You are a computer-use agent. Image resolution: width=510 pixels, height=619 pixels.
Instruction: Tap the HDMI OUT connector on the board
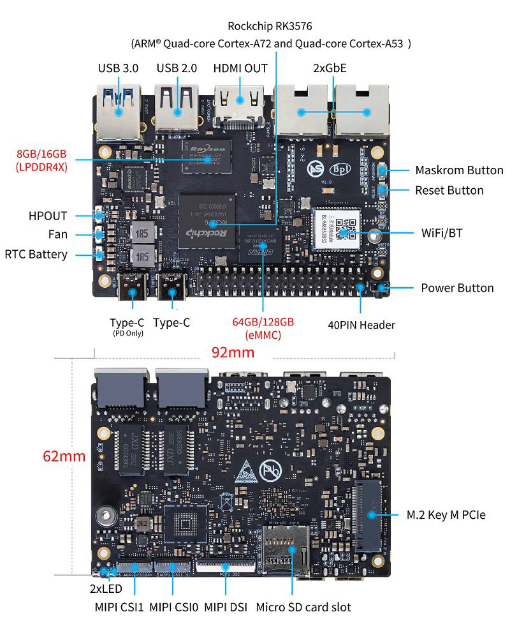(240, 102)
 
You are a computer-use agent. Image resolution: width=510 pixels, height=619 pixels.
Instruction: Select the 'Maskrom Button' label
(459, 170)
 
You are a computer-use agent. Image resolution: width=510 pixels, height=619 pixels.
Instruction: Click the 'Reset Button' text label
(449, 190)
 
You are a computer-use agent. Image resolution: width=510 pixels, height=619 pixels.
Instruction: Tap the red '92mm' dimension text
(233, 352)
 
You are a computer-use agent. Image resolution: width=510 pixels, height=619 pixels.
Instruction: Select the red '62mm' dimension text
(64, 456)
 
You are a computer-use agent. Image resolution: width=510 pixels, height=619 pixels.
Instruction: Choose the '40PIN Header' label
(361, 325)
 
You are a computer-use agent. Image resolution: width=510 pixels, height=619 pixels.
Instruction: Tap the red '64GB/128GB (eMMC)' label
(263, 328)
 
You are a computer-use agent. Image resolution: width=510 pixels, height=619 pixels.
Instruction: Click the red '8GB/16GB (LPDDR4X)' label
(41, 160)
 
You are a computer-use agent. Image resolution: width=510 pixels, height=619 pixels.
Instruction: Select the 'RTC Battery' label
(36, 254)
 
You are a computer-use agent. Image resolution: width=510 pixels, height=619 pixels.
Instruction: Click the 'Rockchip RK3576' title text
(270, 26)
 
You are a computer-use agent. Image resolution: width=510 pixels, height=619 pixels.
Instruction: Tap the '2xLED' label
(106, 588)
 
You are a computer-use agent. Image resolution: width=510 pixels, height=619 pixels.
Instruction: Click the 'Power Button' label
(457, 288)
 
